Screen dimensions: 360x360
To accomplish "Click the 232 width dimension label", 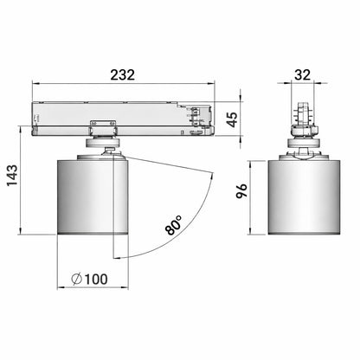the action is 123,75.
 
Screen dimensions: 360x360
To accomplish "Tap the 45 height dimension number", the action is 232,119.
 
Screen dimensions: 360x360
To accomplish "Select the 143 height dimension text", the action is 12,176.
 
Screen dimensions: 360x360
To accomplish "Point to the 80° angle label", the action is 174,225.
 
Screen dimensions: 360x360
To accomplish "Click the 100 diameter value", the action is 96,280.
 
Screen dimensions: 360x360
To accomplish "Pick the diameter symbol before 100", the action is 77,280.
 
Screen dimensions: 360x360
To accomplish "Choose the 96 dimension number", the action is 241,190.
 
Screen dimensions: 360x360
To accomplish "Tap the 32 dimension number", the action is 302,74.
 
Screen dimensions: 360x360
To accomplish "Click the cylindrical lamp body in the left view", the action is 93,196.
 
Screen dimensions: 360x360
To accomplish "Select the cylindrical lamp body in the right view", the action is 304,196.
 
